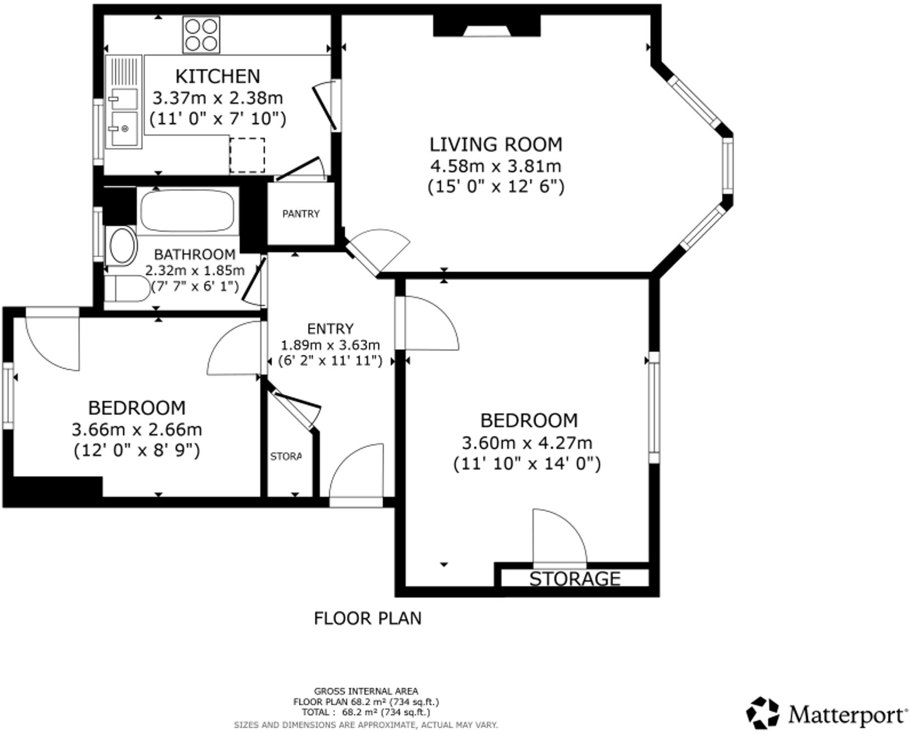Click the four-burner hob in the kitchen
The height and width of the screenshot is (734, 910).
(x=201, y=35)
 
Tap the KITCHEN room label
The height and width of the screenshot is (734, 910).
(x=217, y=76)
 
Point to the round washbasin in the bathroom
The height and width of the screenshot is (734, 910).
(x=123, y=246)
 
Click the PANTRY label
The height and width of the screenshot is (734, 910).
(x=301, y=214)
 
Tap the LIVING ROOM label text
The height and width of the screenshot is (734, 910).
(x=496, y=144)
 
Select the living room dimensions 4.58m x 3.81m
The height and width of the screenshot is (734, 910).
(x=496, y=165)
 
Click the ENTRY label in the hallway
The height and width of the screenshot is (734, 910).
(x=330, y=329)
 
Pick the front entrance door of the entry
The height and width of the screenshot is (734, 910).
(x=356, y=476)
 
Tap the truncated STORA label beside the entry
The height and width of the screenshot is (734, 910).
(x=286, y=457)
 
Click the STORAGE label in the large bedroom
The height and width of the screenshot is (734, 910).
(x=575, y=579)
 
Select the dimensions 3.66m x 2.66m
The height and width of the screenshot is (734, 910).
(x=137, y=429)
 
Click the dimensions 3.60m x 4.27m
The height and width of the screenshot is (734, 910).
(x=527, y=442)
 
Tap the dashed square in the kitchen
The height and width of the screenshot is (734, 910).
(x=247, y=155)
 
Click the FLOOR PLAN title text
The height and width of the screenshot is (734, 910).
(x=368, y=618)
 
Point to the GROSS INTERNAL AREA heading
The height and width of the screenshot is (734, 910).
(x=366, y=691)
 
